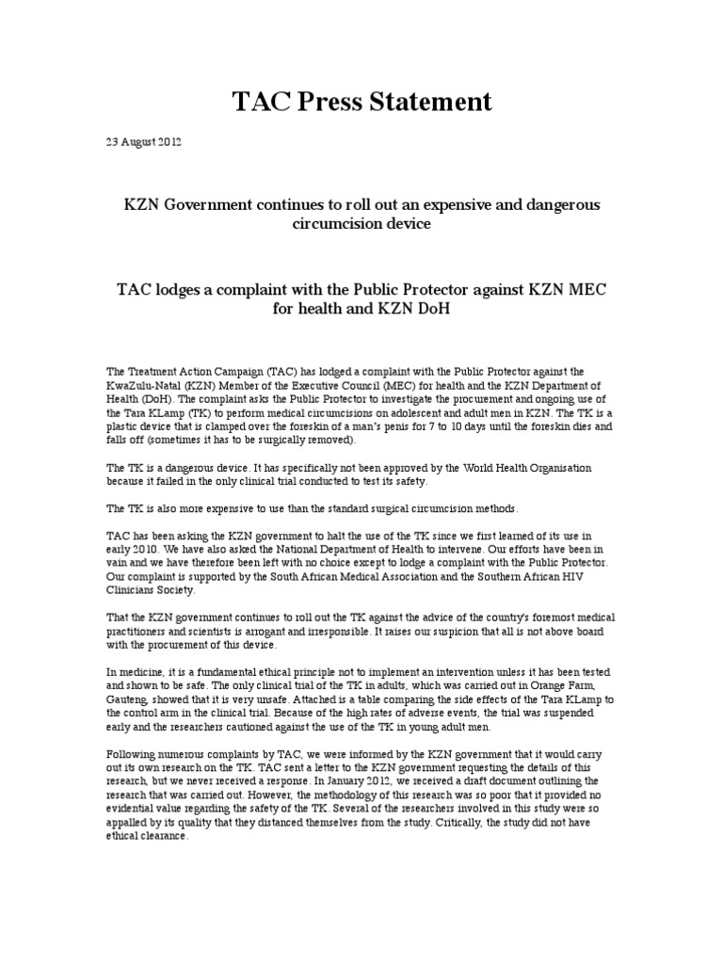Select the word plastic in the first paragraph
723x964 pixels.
click(x=125, y=426)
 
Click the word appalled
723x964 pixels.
click(x=133, y=823)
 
